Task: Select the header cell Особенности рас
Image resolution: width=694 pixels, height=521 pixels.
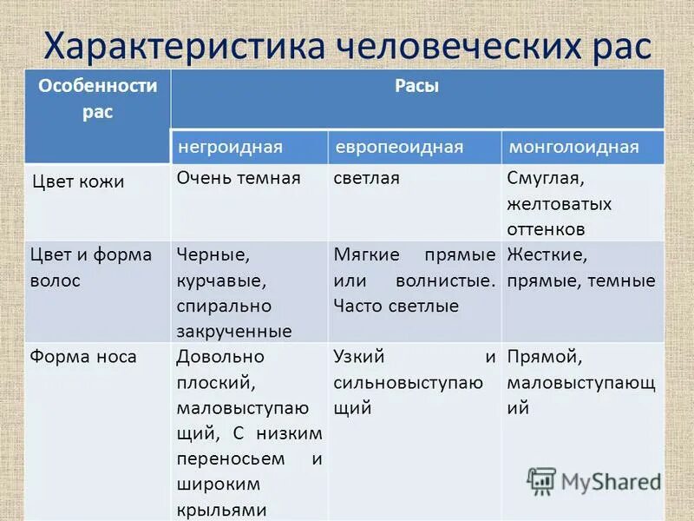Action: [97, 99]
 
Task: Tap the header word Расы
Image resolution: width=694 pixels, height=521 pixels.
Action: [416, 87]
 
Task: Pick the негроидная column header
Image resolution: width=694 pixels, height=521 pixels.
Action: [231, 147]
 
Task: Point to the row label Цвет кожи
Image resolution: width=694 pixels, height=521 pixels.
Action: [78, 181]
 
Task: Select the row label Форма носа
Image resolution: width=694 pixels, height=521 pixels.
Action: [82, 356]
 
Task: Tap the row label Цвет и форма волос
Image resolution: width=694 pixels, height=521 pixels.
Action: [90, 267]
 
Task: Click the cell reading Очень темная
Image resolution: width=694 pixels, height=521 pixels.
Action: [239, 178]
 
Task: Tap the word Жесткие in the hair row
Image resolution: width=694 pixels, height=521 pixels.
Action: [547, 255]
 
